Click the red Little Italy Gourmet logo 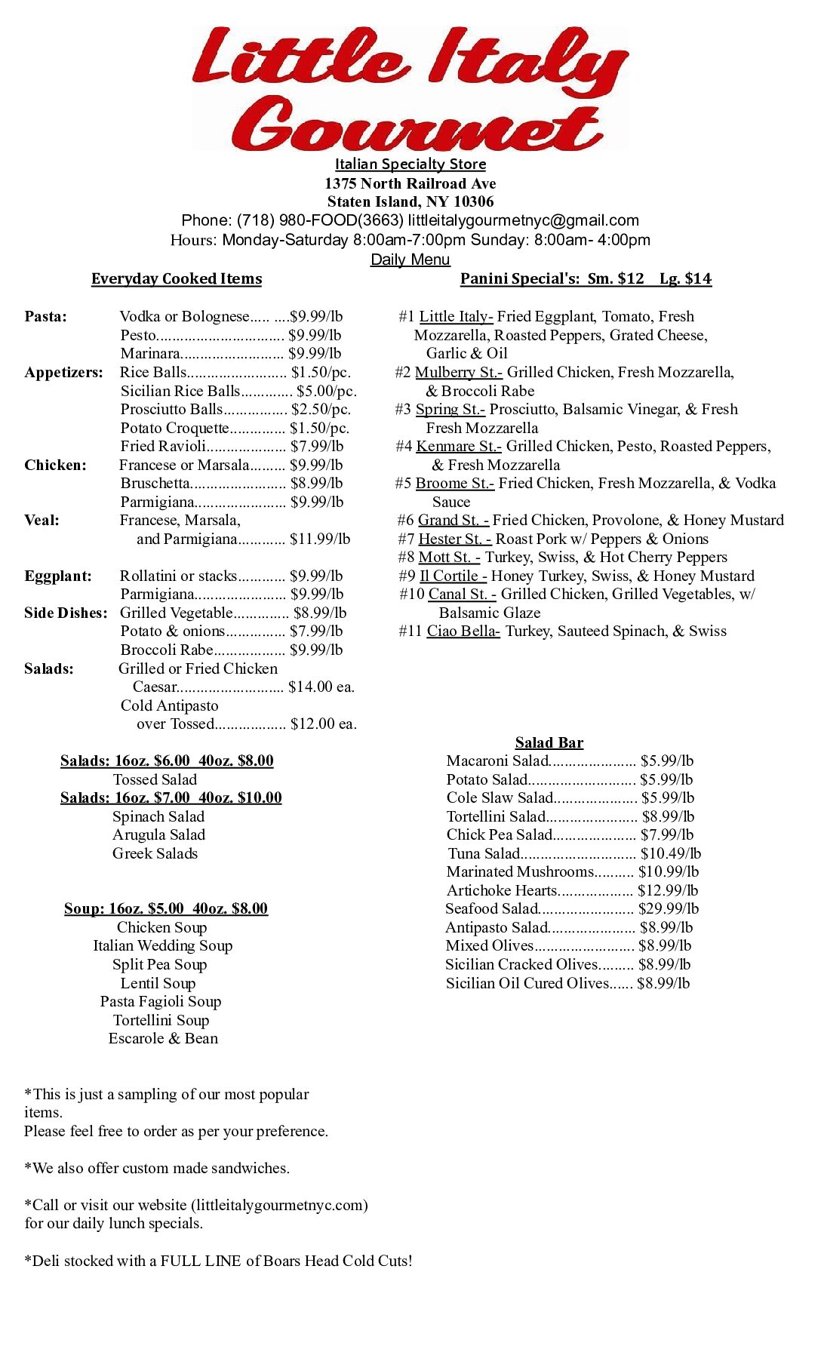click(x=410, y=88)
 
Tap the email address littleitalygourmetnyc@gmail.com click(x=523, y=220)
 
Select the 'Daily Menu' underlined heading click(x=410, y=260)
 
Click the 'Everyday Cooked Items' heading click(x=177, y=278)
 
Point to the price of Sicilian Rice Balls click(x=326, y=391)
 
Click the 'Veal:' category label click(x=42, y=520)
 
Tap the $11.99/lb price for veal click(x=320, y=539)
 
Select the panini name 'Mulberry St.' click(x=458, y=372)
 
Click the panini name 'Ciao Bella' click(x=463, y=631)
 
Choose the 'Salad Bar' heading click(x=549, y=742)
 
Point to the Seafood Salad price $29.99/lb click(x=668, y=908)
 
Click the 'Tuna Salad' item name click(x=484, y=853)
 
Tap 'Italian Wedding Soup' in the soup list click(x=163, y=945)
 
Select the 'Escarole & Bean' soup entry click(x=163, y=1038)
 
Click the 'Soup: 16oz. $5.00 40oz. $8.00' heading click(x=166, y=908)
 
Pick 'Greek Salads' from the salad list click(x=155, y=853)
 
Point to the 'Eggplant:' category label click(x=58, y=576)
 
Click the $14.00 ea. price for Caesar click(x=321, y=687)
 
